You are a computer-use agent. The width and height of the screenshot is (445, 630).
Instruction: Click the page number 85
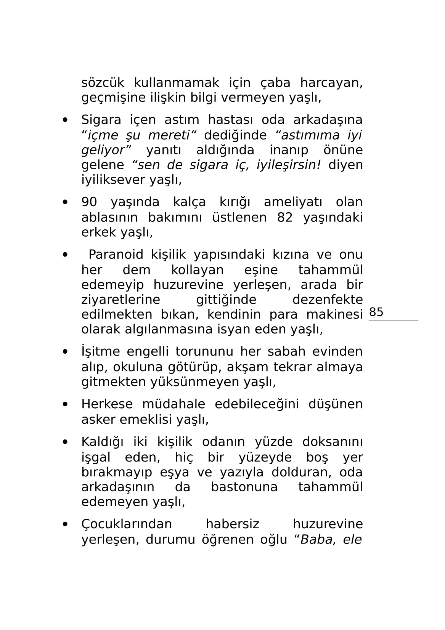tap(376, 312)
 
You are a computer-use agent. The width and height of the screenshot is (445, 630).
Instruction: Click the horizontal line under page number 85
tap(393, 320)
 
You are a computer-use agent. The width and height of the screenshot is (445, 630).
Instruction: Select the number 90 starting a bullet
tap(89, 202)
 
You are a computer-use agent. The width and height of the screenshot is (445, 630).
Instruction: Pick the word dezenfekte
tap(327, 300)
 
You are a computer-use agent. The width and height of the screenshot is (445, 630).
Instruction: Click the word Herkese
tap(107, 404)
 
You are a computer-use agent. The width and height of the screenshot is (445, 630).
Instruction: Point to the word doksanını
tap(332, 442)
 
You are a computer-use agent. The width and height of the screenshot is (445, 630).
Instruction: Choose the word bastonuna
tap(244, 487)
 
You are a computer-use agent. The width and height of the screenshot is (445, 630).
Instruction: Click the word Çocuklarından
tap(127, 524)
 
